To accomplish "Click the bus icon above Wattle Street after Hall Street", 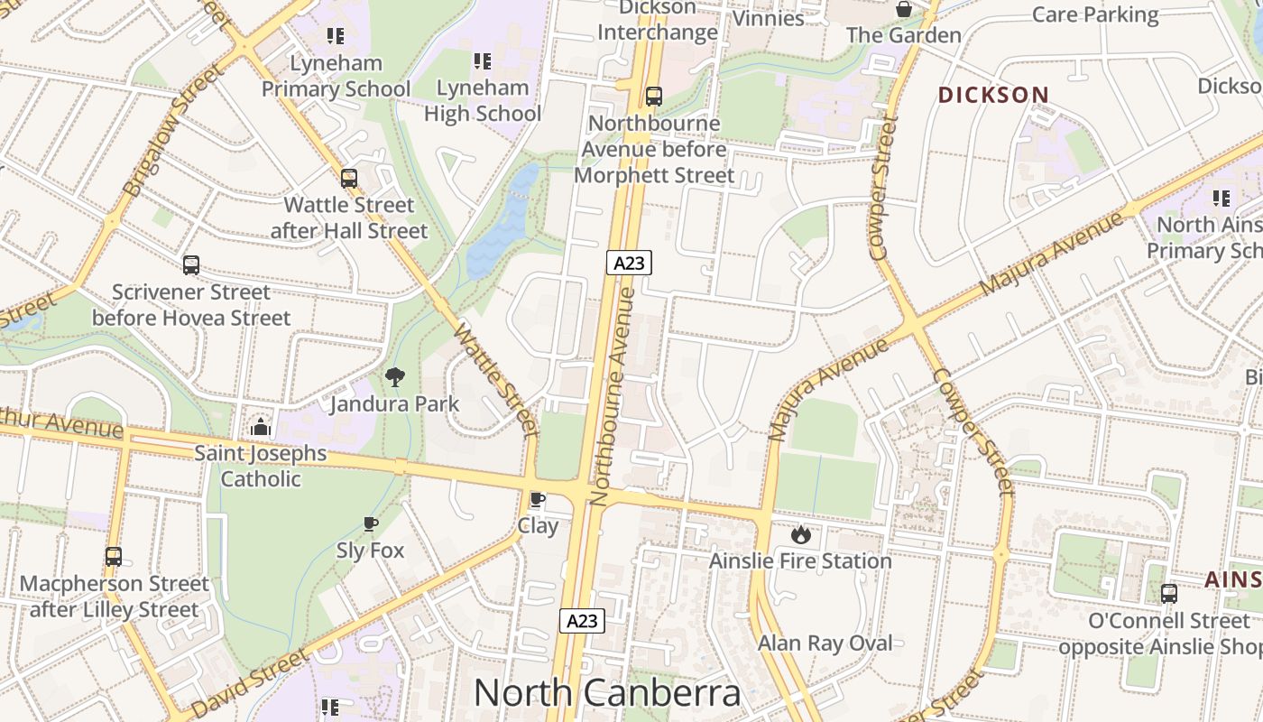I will click(349, 179).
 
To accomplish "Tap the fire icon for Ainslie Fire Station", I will click(800, 534).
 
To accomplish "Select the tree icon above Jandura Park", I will click(394, 377).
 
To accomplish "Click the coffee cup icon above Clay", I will click(538, 499).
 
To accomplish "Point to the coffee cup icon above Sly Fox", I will click(370, 523).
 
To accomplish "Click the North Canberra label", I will click(606, 692).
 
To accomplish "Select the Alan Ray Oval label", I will click(825, 643).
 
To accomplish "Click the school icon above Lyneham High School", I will click(483, 61).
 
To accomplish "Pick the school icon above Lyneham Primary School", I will click(336, 36).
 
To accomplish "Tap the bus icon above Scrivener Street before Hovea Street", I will click(191, 265).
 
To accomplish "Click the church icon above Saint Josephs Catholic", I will click(261, 427).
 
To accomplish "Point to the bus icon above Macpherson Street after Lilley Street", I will click(113, 557).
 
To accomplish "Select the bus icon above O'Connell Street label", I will click(1168, 594).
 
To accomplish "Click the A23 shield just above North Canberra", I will click(581, 621).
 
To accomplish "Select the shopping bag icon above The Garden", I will click(903, 9).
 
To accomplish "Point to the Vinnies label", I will click(768, 18).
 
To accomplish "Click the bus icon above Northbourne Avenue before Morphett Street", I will click(654, 97).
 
